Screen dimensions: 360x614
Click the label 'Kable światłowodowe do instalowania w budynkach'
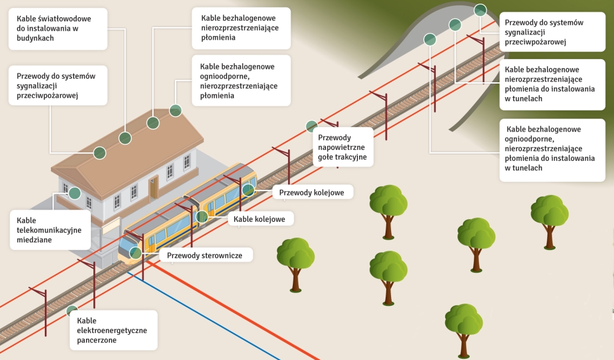point(58,28)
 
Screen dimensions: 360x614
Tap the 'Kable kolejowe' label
point(260,219)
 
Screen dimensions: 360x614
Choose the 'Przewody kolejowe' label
point(312,192)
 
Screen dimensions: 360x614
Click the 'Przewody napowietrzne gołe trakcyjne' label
point(343,147)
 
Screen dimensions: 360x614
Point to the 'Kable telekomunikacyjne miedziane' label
point(50,230)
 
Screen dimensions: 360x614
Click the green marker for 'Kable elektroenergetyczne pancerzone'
point(72,311)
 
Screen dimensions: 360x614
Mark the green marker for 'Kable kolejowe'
point(202,216)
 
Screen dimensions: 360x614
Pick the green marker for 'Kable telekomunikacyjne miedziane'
point(75,193)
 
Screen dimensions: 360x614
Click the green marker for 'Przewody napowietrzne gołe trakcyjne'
point(312,127)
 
